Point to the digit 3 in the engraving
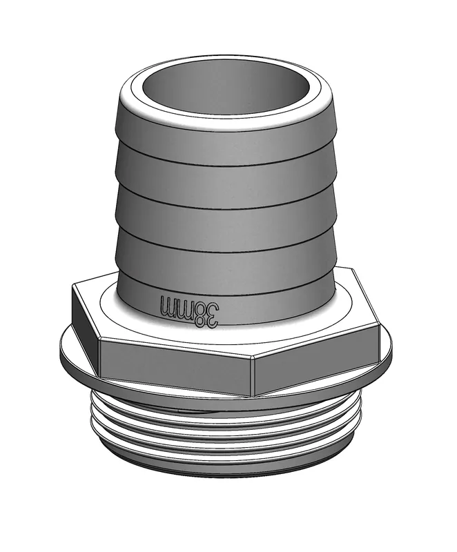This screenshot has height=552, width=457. pos(212,315)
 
